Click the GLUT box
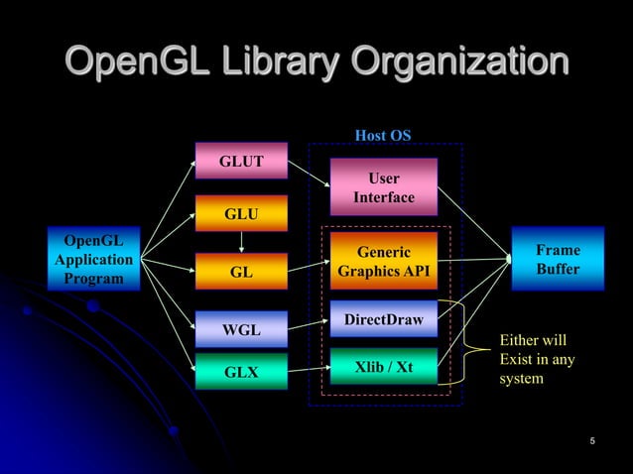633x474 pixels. [x=241, y=161]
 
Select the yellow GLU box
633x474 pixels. [x=241, y=213]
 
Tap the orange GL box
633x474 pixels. [x=241, y=270]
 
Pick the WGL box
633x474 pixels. [x=241, y=327]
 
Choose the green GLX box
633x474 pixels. [x=241, y=373]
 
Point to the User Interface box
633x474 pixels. [x=383, y=187]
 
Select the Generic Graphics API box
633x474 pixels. [x=383, y=261]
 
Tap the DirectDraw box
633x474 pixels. [x=383, y=319]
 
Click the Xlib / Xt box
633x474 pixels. [x=383, y=367]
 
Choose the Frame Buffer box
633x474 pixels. [x=558, y=259]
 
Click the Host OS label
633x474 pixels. [x=383, y=135]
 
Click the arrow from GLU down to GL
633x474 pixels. [x=241, y=242]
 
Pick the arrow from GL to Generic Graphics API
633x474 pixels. [x=308, y=265]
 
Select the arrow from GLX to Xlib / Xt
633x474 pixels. [x=308, y=370]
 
